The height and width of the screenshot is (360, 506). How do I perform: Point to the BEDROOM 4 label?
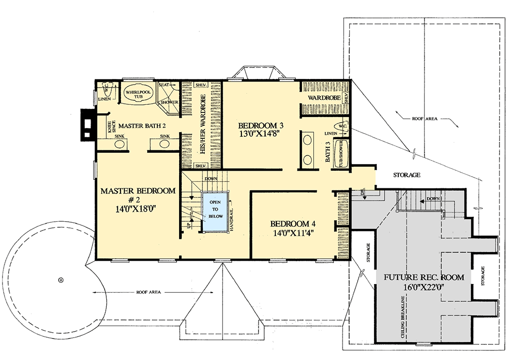click(293, 224)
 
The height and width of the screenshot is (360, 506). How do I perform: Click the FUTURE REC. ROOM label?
click(425, 277)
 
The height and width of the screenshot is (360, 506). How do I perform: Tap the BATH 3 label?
click(327, 151)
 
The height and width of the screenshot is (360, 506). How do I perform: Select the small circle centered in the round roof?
click(61, 279)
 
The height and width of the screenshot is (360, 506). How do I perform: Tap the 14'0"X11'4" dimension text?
click(293, 233)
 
